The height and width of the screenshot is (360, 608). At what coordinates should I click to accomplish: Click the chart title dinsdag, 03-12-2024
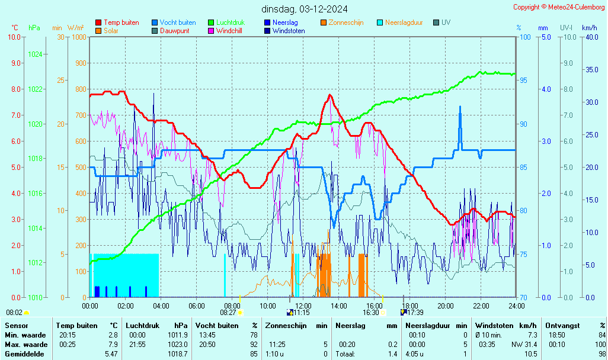(304, 9)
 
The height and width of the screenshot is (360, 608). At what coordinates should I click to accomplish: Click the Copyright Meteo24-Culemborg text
(559, 7)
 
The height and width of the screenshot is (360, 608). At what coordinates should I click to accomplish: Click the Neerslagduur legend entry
(404, 22)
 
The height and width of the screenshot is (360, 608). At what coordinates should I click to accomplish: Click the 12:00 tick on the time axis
(303, 306)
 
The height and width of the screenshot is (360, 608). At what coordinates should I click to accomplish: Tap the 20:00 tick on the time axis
(445, 306)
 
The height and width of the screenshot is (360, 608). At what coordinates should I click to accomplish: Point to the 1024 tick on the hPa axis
(35, 54)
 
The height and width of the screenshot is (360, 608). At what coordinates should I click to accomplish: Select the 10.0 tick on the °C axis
(14, 37)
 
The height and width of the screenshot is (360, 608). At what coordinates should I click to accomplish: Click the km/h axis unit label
(589, 28)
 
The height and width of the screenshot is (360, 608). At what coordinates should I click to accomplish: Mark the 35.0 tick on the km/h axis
(591, 70)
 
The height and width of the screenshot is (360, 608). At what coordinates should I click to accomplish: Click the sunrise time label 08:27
(228, 313)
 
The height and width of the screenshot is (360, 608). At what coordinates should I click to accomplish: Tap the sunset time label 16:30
(371, 313)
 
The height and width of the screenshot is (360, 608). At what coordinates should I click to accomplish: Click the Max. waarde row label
(26, 345)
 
